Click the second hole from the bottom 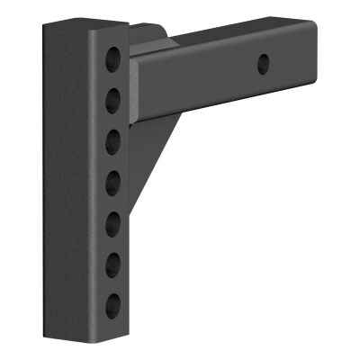114,264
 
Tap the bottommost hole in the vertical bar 113,303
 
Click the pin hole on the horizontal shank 263,64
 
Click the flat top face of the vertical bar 85,27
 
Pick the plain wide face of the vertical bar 67,180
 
